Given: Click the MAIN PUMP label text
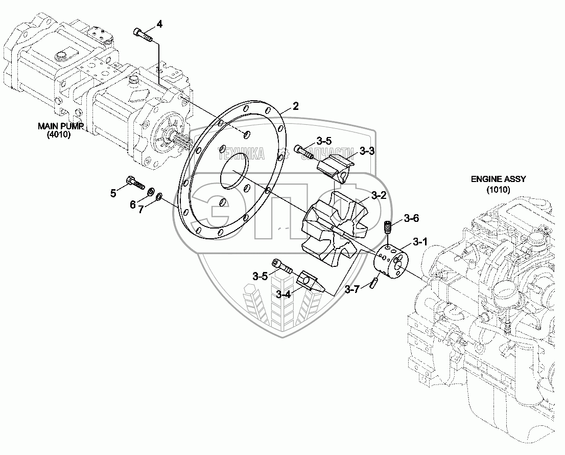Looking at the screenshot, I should pyautogui.click(x=60, y=126).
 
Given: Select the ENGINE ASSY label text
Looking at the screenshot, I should pyautogui.click(x=499, y=179).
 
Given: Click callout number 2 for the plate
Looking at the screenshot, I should pyautogui.click(x=295, y=106).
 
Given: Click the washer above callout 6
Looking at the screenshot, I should pyautogui.click(x=151, y=192).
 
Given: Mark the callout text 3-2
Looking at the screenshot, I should pyautogui.click(x=379, y=195).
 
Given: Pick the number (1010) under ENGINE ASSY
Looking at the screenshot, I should pyautogui.click(x=498, y=190).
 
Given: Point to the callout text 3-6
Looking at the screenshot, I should pyautogui.click(x=411, y=218).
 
